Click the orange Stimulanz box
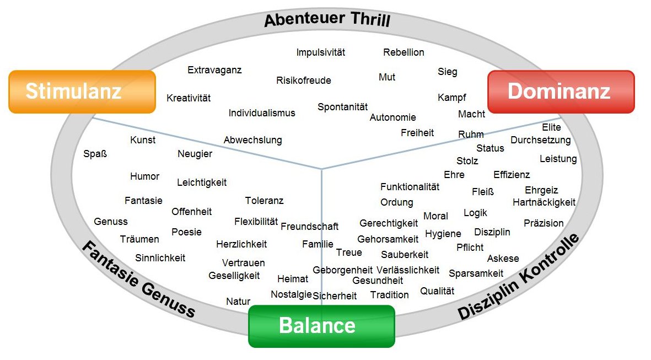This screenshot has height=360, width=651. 82,92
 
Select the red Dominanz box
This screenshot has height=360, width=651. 561,92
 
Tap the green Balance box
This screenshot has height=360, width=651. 321,326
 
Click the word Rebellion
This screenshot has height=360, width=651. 403,52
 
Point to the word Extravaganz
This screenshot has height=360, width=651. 214,70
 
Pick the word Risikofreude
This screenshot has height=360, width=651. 304,80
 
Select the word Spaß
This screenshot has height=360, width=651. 95,154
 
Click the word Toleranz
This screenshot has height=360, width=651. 264,201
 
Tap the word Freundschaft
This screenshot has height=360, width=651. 309,227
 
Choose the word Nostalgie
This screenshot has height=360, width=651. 291,294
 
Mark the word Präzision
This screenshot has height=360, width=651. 544,223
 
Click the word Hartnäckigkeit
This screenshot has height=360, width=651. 544,202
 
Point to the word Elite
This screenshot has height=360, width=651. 551,127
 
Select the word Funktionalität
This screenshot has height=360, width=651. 410,187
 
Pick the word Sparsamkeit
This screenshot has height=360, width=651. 476,273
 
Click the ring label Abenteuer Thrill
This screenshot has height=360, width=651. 327,20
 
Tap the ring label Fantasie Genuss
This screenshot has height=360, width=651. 138,279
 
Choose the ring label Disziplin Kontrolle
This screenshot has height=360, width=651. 519,277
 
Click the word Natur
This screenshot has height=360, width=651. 238,302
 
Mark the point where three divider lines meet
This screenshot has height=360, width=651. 321,169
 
